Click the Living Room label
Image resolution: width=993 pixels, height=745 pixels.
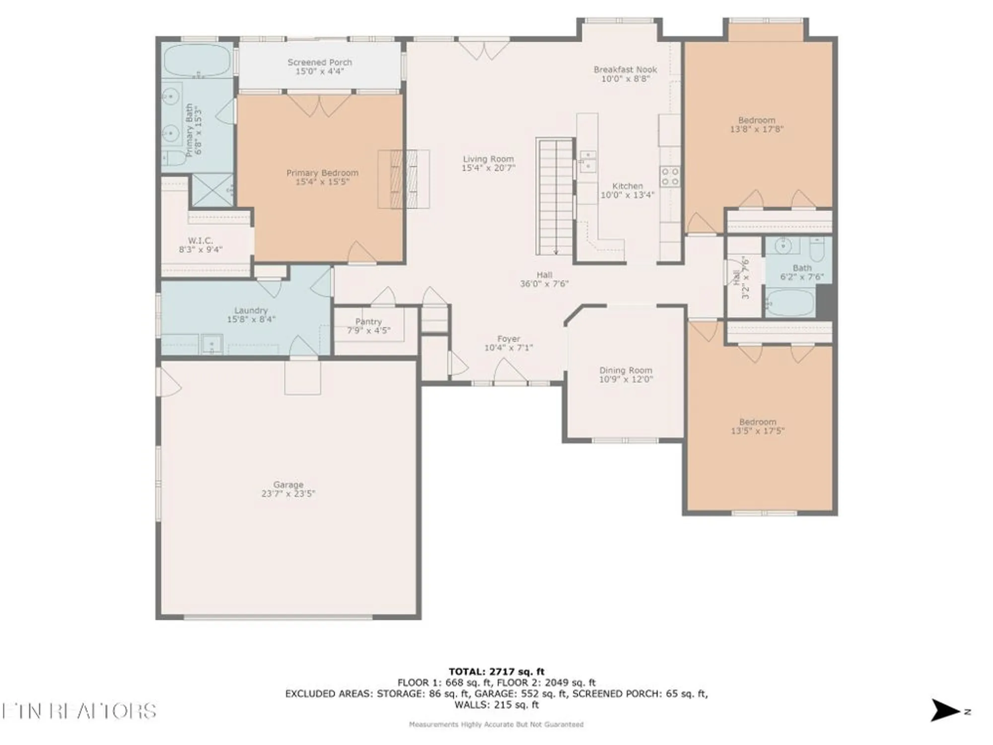488,159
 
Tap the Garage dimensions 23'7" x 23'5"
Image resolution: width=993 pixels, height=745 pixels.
288,494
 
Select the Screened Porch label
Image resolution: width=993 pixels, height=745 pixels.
320,63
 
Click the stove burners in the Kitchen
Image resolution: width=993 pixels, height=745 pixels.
670,177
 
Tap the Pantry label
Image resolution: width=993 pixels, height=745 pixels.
368,322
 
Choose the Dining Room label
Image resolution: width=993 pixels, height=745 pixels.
625,371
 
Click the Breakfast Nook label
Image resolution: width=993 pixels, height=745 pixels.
625,70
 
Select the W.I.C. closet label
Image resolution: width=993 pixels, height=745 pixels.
200,241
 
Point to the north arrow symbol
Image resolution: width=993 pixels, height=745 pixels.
944,711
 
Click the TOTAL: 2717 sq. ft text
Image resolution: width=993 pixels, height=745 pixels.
496,671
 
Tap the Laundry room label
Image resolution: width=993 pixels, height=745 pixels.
251,310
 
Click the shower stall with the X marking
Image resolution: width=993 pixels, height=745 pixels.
212,190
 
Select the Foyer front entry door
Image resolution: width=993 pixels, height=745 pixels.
510,372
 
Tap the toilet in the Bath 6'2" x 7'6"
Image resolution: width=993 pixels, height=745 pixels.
817,248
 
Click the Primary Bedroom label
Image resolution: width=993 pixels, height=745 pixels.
322,173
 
